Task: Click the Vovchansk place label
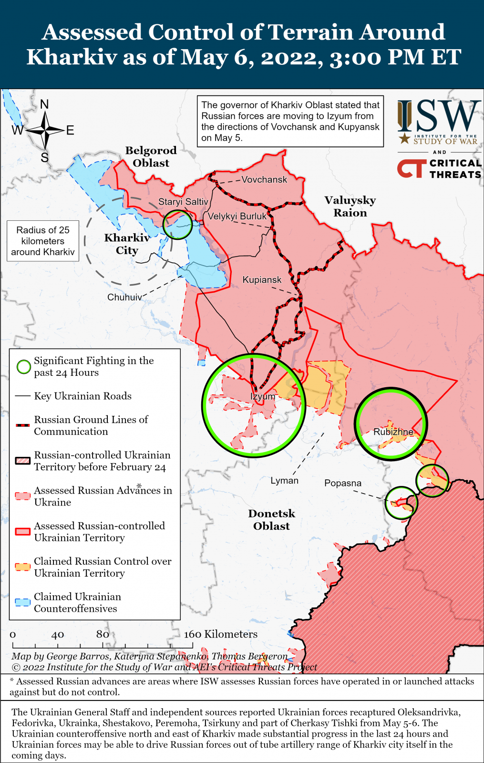pos(264,180)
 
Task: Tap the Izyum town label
pos(263,396)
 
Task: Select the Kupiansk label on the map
pos(262,280)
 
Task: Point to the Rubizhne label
pos(393,432)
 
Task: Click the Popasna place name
pos(343,483)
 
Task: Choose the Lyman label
pos(284,481)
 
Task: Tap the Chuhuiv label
pos(124,297)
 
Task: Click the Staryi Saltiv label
pos(183,202)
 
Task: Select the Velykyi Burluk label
pos(237,216)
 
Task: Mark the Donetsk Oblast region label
pos(271,520)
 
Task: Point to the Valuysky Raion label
pos(350,206)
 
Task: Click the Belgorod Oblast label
pos(151,156)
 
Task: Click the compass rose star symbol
pos(45,130)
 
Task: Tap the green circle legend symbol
pos(23,367)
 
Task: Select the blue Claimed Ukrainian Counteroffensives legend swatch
pos(22,602)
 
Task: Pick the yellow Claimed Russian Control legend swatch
pos(22,567)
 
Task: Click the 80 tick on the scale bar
pos(103,634)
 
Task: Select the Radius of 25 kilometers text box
pos(43,241)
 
